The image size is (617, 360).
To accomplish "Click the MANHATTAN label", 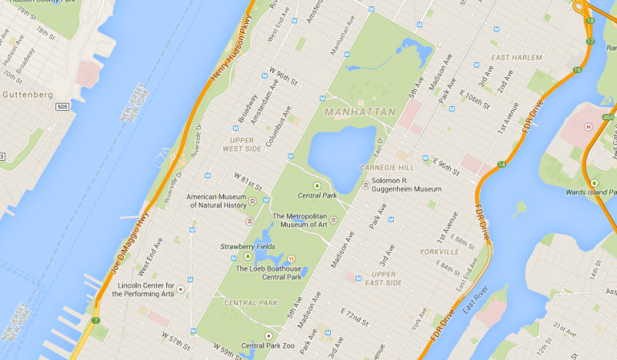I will point(361,112).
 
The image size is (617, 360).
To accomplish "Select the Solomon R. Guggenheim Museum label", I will point(407,184).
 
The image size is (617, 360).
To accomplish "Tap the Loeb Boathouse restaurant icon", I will point(292,259).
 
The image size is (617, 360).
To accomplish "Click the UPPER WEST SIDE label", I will point(242,145).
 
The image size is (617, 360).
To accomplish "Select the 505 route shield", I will point(63,106).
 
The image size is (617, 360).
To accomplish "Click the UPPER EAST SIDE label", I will point(384,278).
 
